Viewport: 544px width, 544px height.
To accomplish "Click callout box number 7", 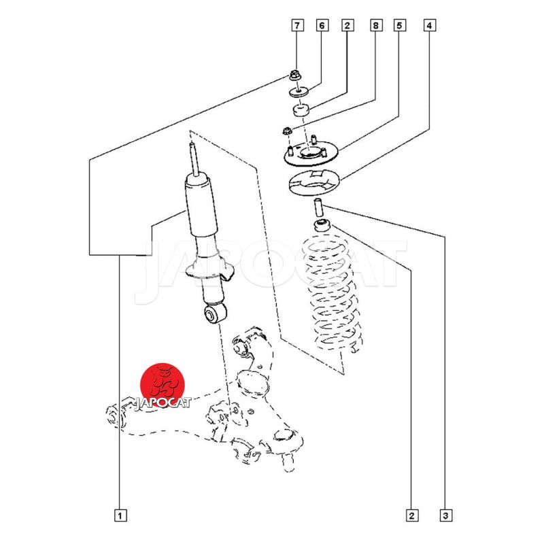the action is coord(297,26).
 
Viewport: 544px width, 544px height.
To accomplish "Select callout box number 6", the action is coord(322,26).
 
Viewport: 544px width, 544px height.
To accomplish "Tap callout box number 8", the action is coord(376,26).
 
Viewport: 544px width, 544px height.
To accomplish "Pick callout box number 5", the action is coord(399,26).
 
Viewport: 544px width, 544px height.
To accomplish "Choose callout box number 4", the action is coord(430,26).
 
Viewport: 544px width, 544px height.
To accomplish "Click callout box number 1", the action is coord(120,515).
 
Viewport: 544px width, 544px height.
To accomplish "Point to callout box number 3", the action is coord(446,515).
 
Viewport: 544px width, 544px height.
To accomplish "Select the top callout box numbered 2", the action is coord(347,26).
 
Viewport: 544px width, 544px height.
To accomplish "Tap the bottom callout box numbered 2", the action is coord(412,515).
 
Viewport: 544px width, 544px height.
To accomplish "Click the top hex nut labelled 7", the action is coord(294,75).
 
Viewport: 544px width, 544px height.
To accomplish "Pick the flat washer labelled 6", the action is coord(299,92).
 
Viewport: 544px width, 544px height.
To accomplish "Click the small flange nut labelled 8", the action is coord(286,131).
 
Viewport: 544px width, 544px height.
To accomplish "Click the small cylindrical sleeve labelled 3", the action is coord(318,207).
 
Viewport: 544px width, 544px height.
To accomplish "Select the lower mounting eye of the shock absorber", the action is coord(215,313).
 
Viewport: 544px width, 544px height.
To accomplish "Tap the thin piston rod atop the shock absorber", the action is coord(194,160).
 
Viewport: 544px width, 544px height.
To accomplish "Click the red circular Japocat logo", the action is coord(163,386).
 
